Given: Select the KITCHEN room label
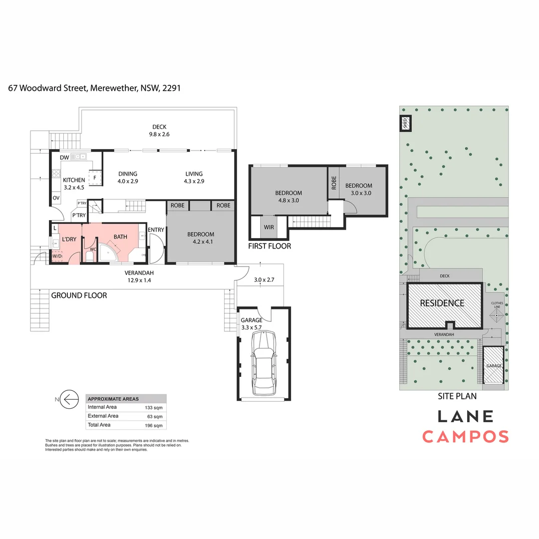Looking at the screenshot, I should [x=74, y=180].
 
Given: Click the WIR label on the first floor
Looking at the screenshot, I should [x=269, y=227].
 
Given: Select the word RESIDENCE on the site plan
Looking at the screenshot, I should [x=442, y=303].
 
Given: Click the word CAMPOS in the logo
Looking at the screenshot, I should [x=466, y=437].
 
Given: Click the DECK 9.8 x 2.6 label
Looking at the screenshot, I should [x=159, y=130].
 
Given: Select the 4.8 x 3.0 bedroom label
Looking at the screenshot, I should [x=288, y=197].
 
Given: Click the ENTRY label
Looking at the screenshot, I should [x=156, y=230].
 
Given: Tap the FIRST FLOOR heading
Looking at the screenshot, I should [x=269, y=246].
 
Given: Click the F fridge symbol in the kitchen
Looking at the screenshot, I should [x=94, y=177].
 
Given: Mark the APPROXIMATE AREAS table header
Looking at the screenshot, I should [x=113, y=399].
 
